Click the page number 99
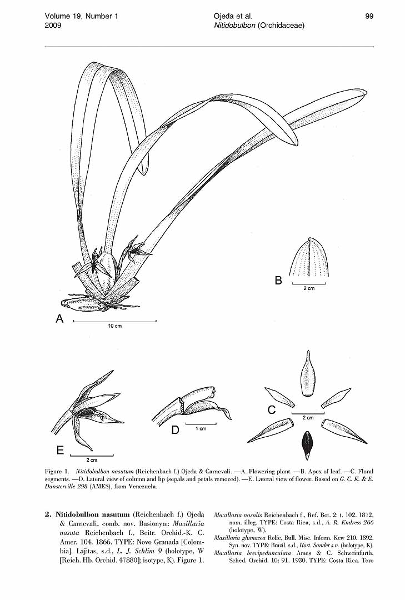click(x=369, y=16)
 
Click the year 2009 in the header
click(x=53, y=26)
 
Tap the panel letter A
click(x=59, y=318)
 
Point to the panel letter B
click(x=278, y=281)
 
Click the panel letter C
click(x=272, y=410)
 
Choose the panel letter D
click(x=175, y=430)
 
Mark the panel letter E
click(x=59, y=451)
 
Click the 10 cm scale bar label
click(x=114, y=326)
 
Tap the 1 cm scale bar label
click(x=201, y=428)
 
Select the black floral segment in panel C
click(x=307, y=445)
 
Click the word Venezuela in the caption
click(x=143, y=487)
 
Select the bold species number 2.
click(x=48, y=514)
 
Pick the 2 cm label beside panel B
click(x=309, y=288)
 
